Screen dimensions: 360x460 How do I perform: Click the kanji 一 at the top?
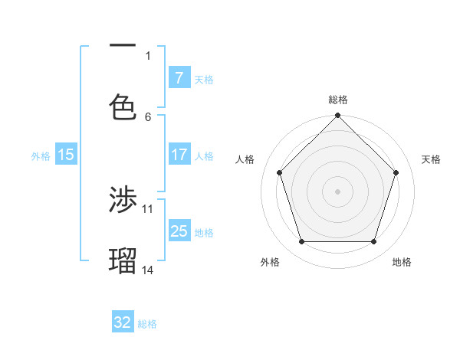pos(123,47)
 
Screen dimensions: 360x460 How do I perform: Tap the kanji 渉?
pos(123,201)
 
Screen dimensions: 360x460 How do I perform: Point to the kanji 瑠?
pos(123,261)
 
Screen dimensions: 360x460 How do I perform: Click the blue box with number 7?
pos(179,77)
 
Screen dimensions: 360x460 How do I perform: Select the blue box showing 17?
pos(179,154)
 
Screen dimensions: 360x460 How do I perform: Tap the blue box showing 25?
pos(179,231)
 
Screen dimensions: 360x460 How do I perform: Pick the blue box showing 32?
pos(123,322)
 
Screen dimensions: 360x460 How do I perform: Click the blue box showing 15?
pos(66,154)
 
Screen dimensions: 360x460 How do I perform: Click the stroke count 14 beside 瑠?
pos(148,270)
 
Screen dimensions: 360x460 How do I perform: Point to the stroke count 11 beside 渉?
pos(148,208)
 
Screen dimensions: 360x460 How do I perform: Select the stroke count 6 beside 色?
pos(148,116)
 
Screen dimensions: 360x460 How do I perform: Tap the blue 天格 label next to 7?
pos(204,79)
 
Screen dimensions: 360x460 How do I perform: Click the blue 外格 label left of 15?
pos(41,155)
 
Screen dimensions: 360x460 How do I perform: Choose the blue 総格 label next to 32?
pos(147,324)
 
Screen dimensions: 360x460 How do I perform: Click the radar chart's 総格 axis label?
pos(338,100)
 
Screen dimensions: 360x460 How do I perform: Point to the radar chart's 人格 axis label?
pos(245,159)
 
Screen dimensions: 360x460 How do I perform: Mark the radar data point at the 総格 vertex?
pos(338,116)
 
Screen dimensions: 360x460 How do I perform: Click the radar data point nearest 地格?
pos(373,241)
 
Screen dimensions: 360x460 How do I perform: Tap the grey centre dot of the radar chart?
pos(338,191)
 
